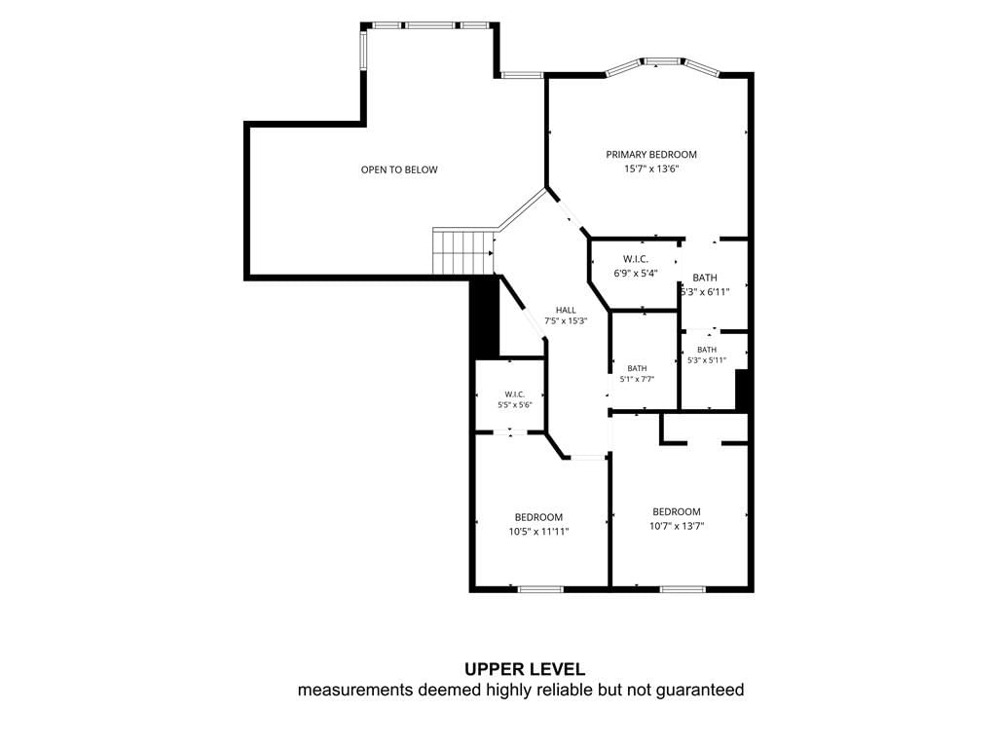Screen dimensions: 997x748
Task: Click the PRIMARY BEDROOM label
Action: pyautogui.click(x=651, y=155)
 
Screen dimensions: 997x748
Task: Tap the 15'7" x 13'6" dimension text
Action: pyautogui.click(x=651, y=169)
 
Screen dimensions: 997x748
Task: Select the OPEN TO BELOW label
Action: pyautogui.click(x=399, y=169)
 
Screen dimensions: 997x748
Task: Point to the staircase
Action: pyautogui.click(x=463, y=251)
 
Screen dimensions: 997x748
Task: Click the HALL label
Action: pyautogui.click(x=566, y=311)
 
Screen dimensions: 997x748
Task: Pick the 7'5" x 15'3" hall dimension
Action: pyautogui.click(x=566, y=321)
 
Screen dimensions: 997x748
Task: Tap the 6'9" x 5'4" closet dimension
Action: pyautogui.click(x=635, y=274)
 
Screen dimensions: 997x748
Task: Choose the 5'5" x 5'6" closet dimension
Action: pyautogui.click(x=515, y=404)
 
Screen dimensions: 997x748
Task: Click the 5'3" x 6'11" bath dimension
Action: pyautogui.click(x=705, y=292)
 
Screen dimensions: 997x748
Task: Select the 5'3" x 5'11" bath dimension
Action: pyautogui.click(x=707, y=360)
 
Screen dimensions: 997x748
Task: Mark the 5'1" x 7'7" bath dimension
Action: pyautogui.click(x=637, y=379)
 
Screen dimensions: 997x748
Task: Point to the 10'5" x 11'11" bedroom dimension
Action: pyautogui.click(x=538, y=532)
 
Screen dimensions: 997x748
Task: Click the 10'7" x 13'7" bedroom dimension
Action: pyautogui.click(x=677, y=526)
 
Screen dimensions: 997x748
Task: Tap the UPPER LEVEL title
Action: pyautogui.click(x=525, y=669)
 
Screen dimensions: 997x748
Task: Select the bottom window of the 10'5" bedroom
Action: pyautogui.click(x=541, y=589)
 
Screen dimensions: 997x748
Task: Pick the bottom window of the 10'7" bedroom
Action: pyautogui.click(x=683, y=589)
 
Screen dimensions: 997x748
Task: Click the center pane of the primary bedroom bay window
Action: pyautogui.click(x=662, y=61)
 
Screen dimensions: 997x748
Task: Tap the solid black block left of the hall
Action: pyautogui.click(x=484, y=317)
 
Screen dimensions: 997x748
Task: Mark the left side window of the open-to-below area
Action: pyautogui.click(x=364, y=51)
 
